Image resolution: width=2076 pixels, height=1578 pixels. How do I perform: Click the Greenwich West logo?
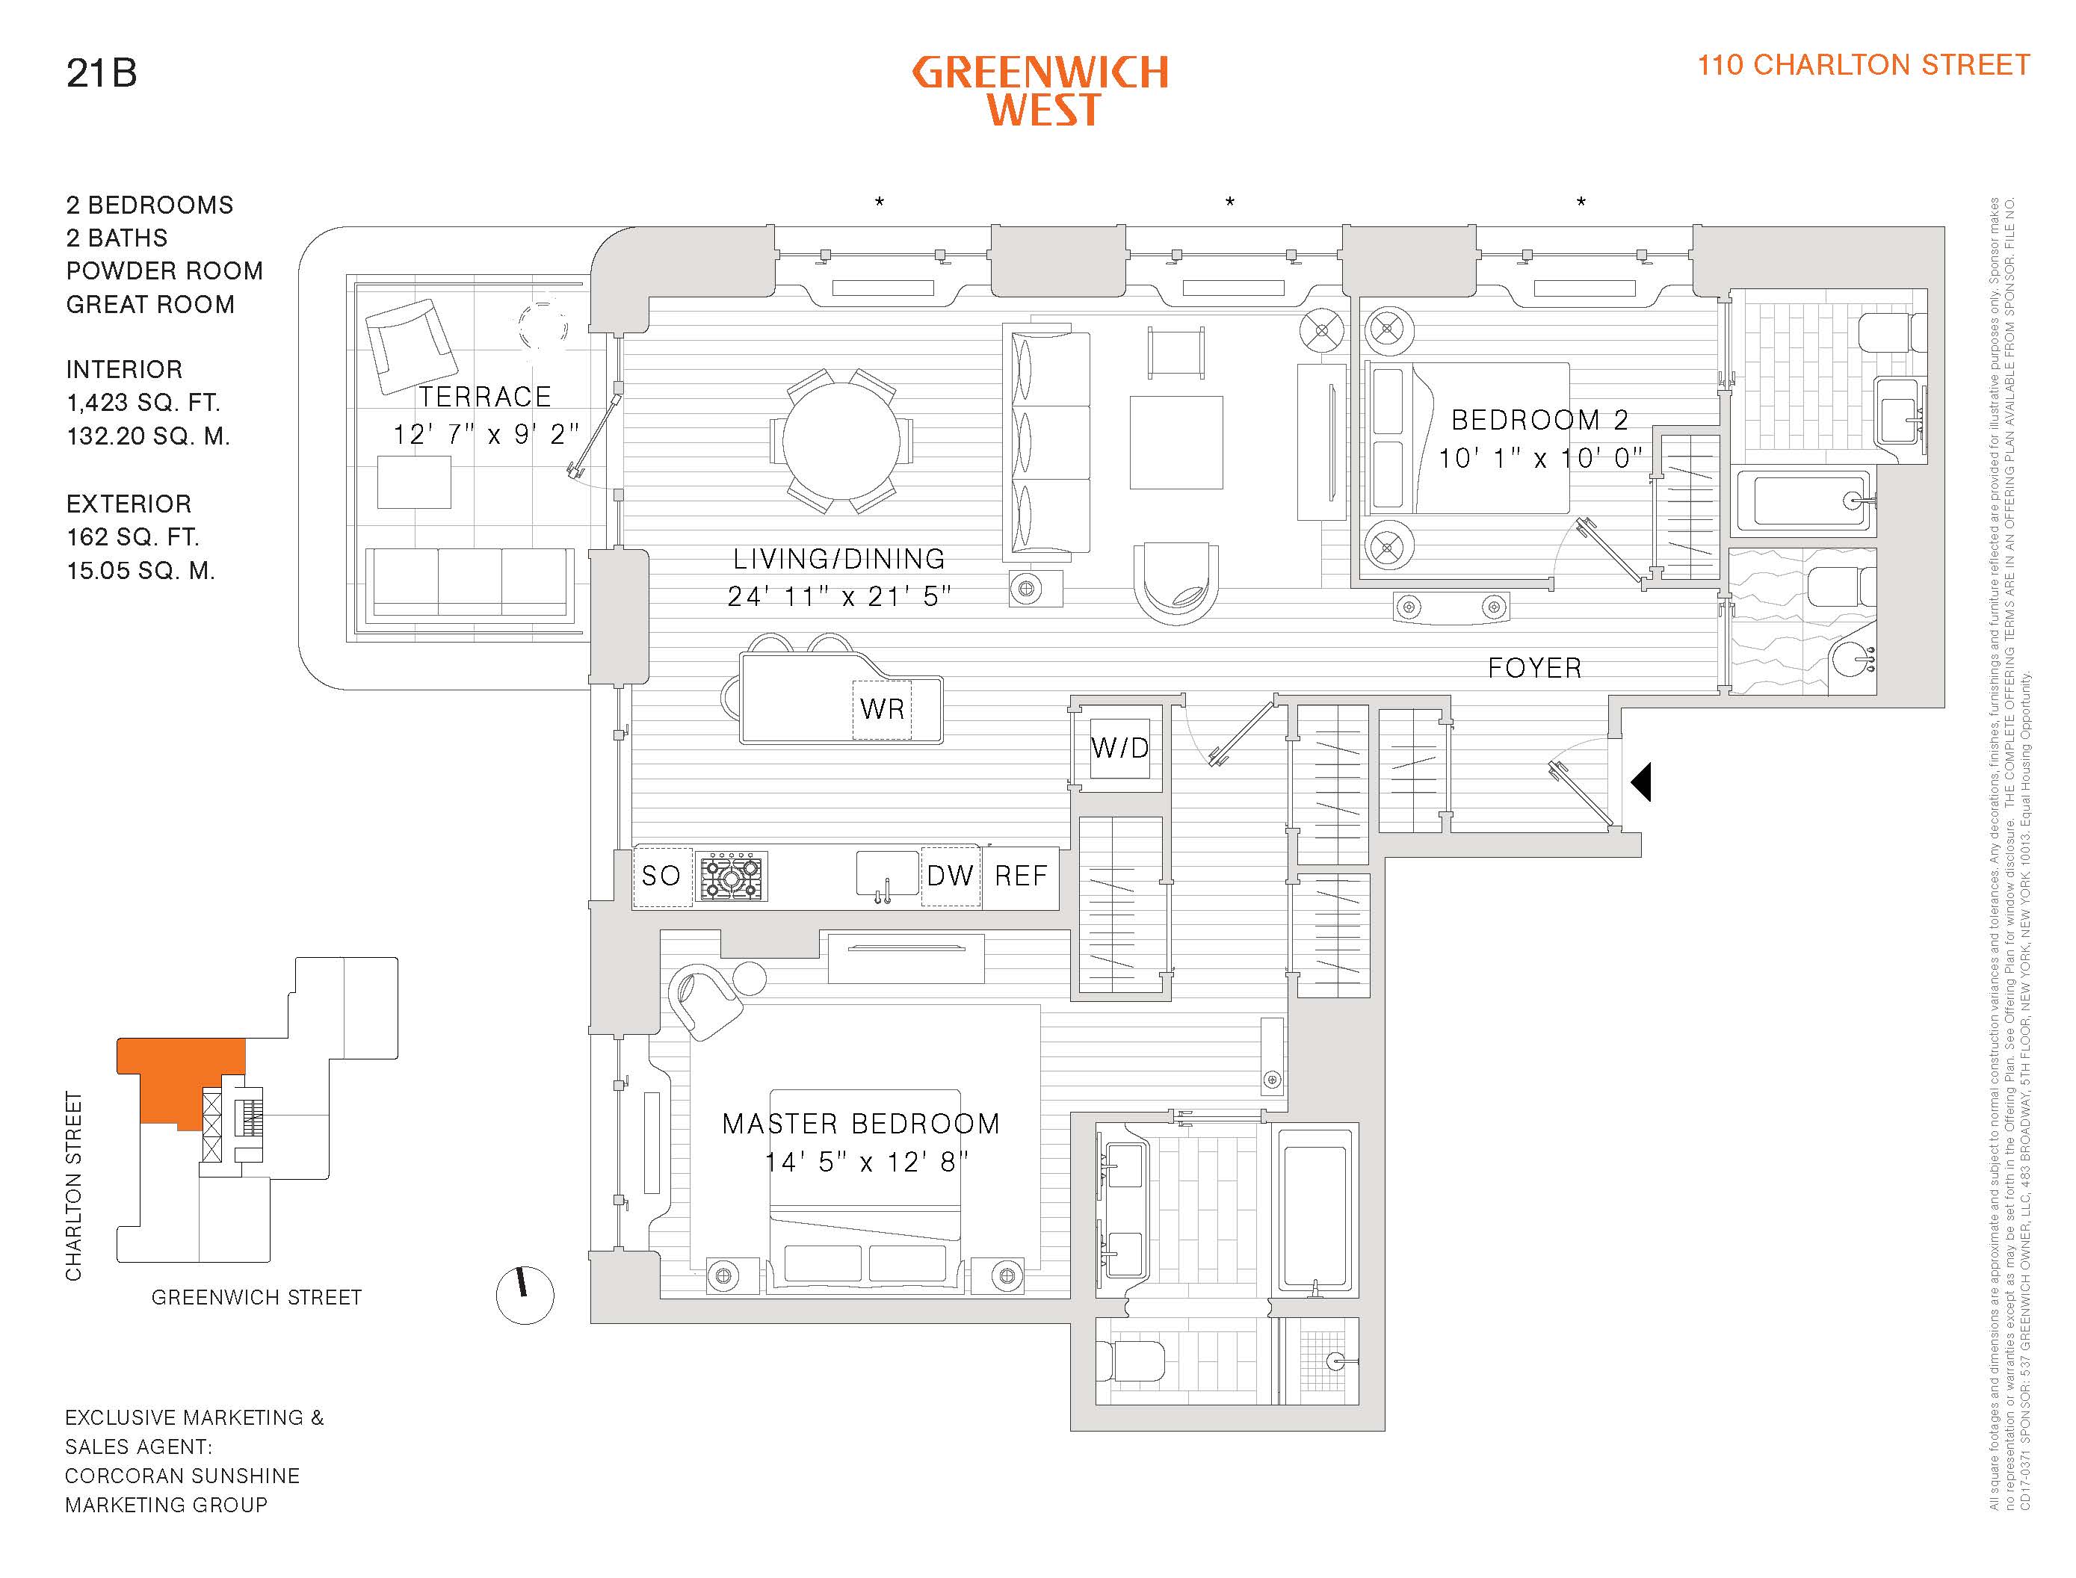[x=1040, y=90]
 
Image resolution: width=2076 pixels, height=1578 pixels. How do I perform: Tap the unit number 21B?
[x=102, y=73]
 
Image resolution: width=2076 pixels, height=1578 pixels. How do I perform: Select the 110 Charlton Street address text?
[x=1863, y=65]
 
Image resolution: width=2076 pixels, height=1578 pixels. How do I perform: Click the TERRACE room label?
[x=485, y=397]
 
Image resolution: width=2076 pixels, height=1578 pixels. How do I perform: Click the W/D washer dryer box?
[x=1119, y=749]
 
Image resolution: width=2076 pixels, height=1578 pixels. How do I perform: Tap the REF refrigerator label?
[x=1020, y=876]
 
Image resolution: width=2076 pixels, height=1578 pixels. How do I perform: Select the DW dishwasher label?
[x=950, y=876]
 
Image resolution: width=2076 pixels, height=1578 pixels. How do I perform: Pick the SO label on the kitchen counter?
[x=661, y=876]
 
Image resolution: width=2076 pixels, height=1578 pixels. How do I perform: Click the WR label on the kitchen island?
[x=882, y=709]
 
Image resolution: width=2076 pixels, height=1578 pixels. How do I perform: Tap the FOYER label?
[x=1535, y=669]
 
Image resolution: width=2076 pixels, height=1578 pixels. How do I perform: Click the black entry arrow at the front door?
[x=1641, y=782]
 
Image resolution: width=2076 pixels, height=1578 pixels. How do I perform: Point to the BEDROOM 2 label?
[x=1539, y=420]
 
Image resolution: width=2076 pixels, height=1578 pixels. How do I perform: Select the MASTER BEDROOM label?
[x=860, y=1124]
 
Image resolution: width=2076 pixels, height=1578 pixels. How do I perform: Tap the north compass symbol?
[x=524, y=1296]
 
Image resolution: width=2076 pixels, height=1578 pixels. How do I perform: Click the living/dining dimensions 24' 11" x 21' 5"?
[x=839, y=596]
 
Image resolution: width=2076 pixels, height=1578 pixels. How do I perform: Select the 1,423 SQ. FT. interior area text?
[x=143, y=403]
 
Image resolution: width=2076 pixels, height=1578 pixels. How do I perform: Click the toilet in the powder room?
[x=1838, y=588]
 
